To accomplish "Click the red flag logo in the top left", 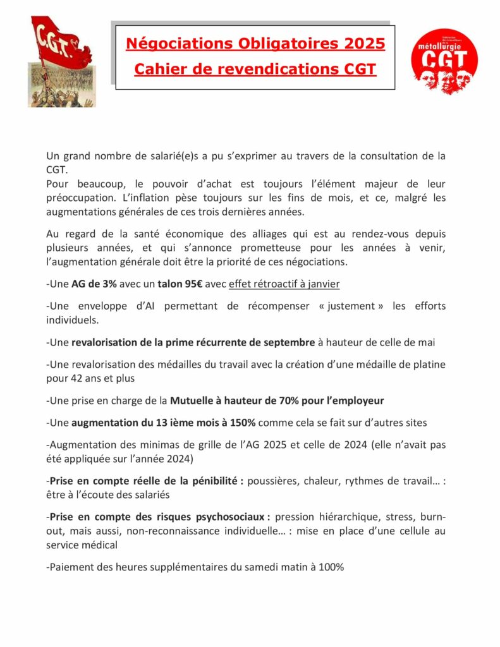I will (x=61, y=61).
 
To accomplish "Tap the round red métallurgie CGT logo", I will (x=444, y=62).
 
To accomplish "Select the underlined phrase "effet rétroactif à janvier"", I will (x=284, y=284).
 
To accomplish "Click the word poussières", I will (x=274, y=480).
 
